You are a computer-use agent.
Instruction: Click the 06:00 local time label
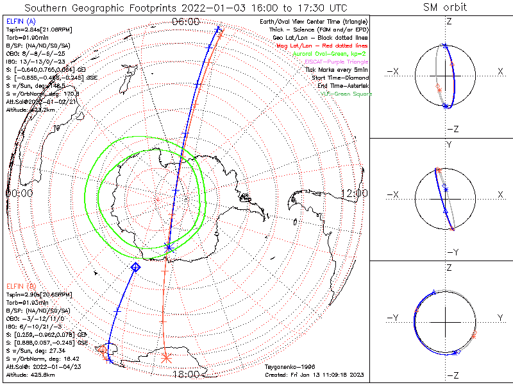pos(186,22)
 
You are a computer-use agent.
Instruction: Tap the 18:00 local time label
pos(186,374)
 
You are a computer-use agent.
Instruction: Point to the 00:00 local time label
pos(19,193)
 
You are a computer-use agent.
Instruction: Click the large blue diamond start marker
pos(135,266)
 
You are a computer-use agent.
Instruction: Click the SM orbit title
pos(445,7)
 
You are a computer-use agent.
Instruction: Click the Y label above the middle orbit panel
pos(449,145)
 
